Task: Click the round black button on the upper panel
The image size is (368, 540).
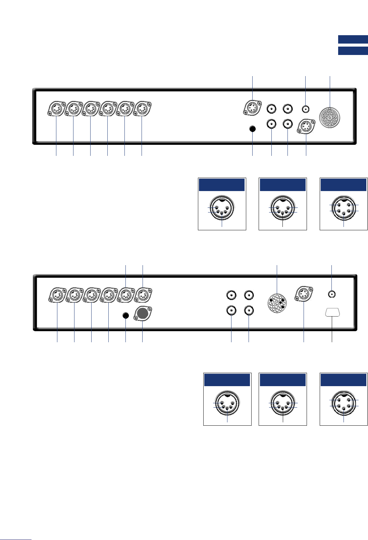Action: point(253,129)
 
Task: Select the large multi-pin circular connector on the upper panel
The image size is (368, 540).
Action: point(330,118)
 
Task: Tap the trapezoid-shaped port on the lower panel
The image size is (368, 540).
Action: point(332,312)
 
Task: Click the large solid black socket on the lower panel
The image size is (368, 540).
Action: point(143,313)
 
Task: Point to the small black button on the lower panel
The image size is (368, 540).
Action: point(125,315)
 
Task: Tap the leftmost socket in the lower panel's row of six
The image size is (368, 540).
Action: point(57,295)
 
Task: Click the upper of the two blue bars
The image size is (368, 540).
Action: point(353,40)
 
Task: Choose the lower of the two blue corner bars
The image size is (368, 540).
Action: point(353,51)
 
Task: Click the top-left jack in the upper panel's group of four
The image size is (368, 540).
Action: point(271,109)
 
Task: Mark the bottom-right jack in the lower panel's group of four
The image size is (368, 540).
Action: point(249,311)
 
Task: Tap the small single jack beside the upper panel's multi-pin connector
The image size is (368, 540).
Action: point(306,109)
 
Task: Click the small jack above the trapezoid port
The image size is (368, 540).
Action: point(332,294)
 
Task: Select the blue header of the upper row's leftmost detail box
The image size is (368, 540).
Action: point(222,185)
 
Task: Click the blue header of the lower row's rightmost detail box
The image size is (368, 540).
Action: point(343,380)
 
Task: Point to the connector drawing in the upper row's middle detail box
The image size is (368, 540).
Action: point(283,208)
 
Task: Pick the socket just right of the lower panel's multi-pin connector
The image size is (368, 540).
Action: point(304,294)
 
